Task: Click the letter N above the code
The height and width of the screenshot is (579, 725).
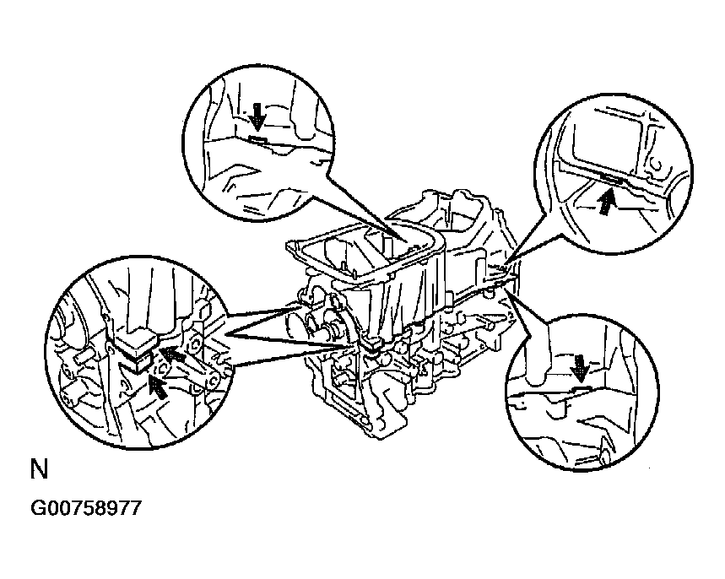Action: point(40,469)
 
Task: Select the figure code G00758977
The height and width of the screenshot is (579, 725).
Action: point(85,509)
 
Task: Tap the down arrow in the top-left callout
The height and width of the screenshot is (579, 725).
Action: point(257,117)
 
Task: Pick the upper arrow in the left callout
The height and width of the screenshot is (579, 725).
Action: point(172,355)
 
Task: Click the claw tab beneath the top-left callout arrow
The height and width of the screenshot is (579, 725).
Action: point(257,138)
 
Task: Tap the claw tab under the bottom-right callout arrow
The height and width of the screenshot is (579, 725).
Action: point(582,387)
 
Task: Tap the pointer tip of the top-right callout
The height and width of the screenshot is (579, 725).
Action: point(507,263)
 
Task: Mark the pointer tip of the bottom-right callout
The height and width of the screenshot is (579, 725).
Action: point(505,290)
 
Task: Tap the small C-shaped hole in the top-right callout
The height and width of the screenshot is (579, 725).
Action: point(656,166)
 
